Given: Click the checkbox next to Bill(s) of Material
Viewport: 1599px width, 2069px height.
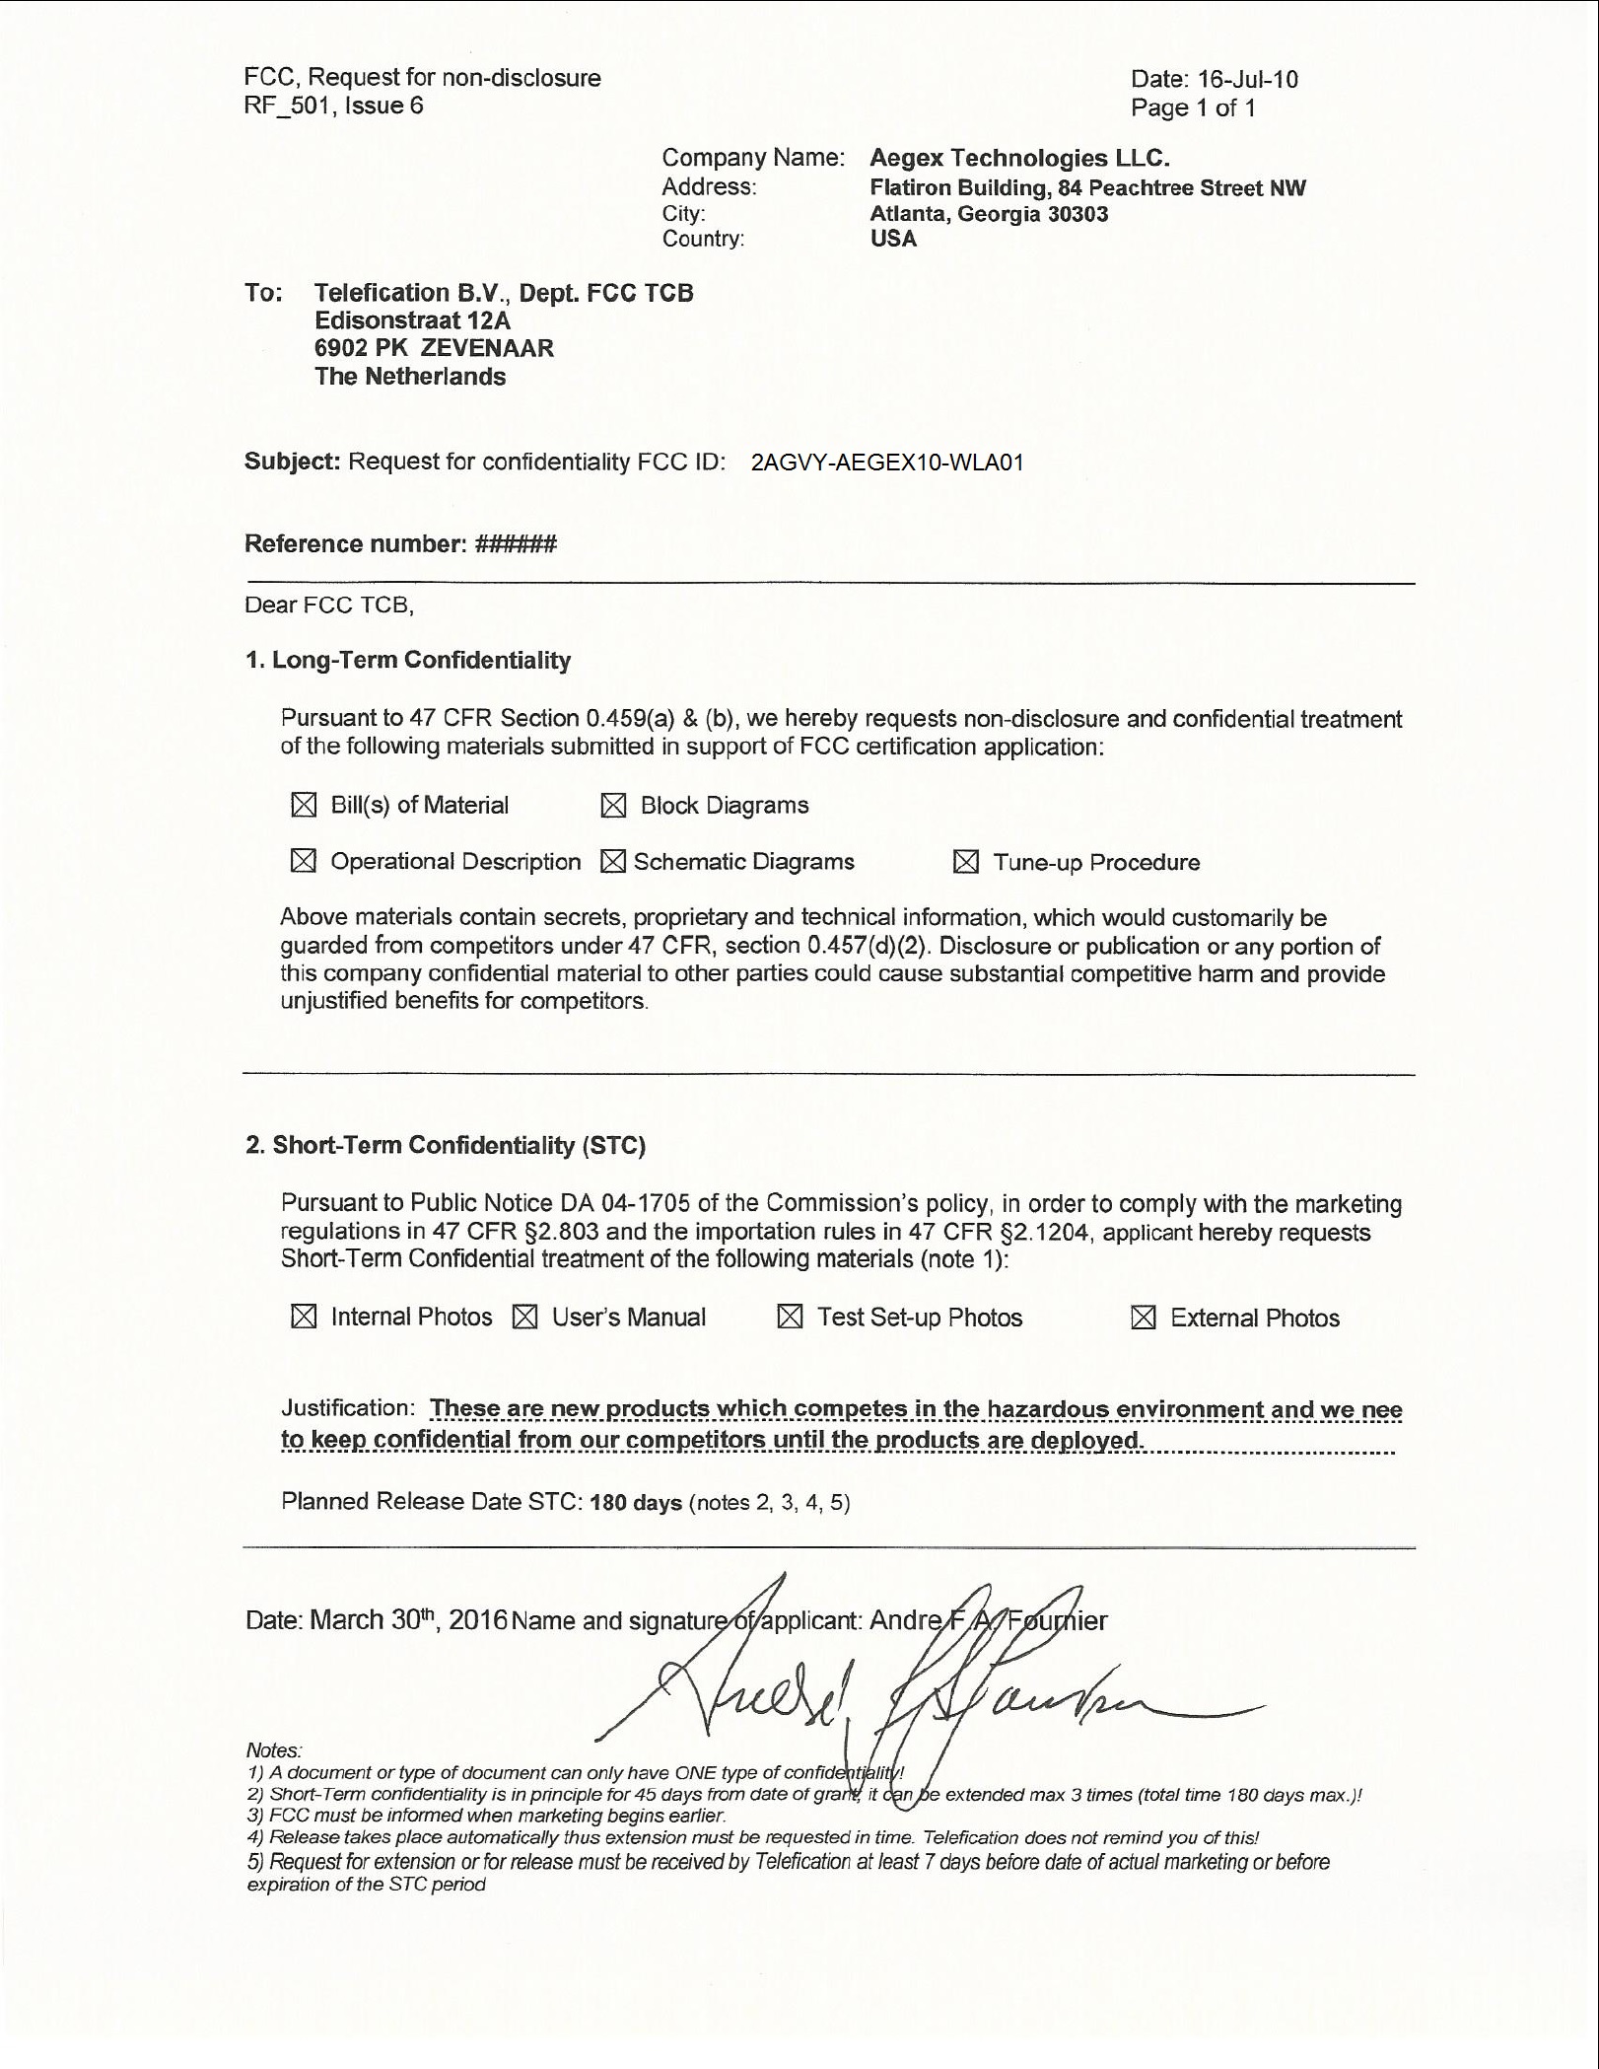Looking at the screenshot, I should tap(304, 805).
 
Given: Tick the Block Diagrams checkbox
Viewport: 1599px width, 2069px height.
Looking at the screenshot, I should tap(613, 806).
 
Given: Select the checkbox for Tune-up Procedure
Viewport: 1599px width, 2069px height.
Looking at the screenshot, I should tap(966, 862).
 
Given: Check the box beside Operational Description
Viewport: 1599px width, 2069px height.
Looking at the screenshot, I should tap(304, 861).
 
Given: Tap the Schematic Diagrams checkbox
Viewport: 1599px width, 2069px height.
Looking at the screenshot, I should tap(613, 862).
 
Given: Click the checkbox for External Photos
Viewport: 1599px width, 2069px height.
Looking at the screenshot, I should tap(1144, 1318).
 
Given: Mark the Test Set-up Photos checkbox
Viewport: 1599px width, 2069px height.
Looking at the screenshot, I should tap(790, 1317).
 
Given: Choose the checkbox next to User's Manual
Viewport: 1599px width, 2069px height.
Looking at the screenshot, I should tap(525, 1317).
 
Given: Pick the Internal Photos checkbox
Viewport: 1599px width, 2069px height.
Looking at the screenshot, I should tap(304, 1317).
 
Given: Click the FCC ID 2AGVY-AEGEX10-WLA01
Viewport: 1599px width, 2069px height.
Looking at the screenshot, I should tap(887, 463).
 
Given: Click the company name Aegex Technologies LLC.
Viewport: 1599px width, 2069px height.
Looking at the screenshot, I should tap(1019, 158).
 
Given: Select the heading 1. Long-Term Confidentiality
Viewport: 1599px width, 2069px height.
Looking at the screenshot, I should tap(408, 660).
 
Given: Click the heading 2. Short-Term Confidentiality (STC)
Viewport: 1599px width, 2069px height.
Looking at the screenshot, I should tap(446, 1145).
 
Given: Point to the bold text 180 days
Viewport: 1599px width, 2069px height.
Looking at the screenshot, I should tap(636, 1503).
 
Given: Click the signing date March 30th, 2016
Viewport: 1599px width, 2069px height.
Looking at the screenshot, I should tap(408, 1620).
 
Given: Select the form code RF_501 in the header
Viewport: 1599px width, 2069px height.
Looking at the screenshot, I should tap(286, 106).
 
